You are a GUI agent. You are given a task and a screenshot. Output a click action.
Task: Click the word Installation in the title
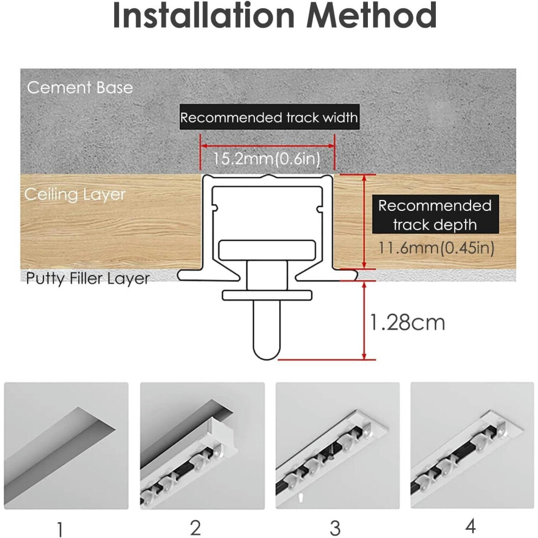click(204, 15)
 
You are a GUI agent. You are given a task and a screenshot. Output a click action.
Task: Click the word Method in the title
click(371, 15)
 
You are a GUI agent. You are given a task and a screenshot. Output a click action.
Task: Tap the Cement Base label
click(80, 87)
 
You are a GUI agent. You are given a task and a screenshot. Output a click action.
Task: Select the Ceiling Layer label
click(75, 195)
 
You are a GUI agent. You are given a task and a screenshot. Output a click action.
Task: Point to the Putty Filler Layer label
click(88, 278)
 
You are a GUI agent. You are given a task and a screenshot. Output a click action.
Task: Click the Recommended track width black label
click(270, 117)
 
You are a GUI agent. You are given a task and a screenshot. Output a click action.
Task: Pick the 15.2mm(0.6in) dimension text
click(267, 159)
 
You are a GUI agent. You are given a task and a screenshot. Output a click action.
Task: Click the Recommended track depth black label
click(435, 215)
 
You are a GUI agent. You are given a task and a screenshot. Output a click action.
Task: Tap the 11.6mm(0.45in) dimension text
click(436, 248)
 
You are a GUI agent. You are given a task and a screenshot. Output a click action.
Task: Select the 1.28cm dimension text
click(407, 323)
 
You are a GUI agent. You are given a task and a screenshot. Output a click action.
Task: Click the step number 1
click(60, 528)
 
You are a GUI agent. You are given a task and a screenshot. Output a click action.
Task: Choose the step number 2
click(195, 528)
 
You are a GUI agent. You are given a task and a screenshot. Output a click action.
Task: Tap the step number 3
click(335, 528)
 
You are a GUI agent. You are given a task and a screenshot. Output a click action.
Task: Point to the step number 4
click(471, 526)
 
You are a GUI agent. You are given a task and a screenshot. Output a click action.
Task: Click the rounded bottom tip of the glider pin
click(267, 359)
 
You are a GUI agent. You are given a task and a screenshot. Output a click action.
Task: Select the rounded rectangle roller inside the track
click(267, 250)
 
